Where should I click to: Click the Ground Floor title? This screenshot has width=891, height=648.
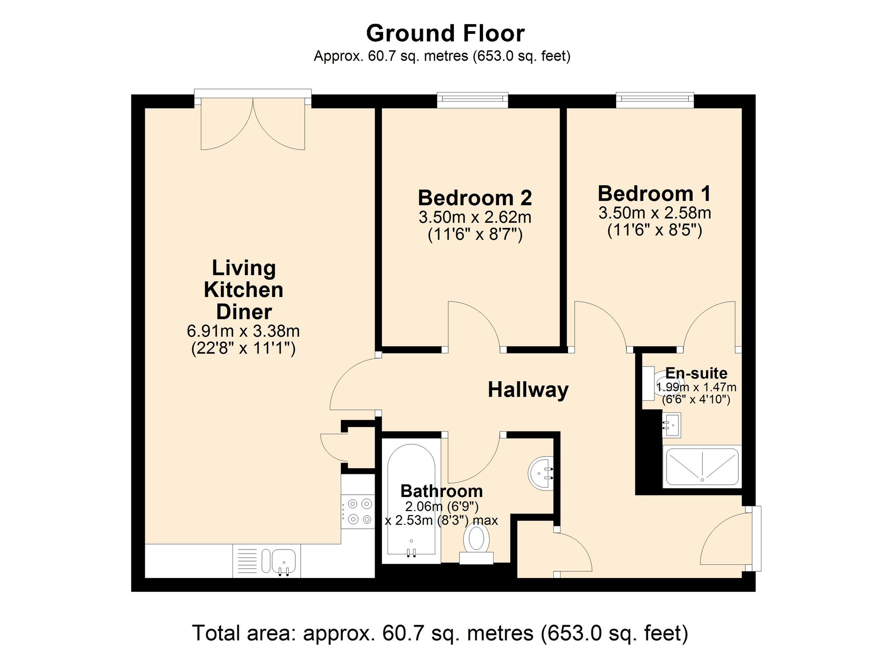(x=445, y=33)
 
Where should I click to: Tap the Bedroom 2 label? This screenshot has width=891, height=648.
(x=474, y=198)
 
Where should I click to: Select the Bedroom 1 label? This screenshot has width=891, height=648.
(x=654, y=194)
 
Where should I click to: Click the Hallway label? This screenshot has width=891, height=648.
(x=528, y=390)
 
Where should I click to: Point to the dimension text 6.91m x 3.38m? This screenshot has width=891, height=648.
(x=243, y=331)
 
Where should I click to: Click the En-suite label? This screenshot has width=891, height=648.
(x=696, y=373)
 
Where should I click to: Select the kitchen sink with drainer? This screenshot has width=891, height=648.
(x=266, y=561)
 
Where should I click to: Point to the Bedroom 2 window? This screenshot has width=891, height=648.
(x=472, y=100)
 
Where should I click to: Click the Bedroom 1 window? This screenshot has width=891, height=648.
(x=654, y=100)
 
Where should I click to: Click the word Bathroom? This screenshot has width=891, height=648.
(x=441, y=491)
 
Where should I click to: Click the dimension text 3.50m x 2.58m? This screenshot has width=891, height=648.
(x=654, y=213)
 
